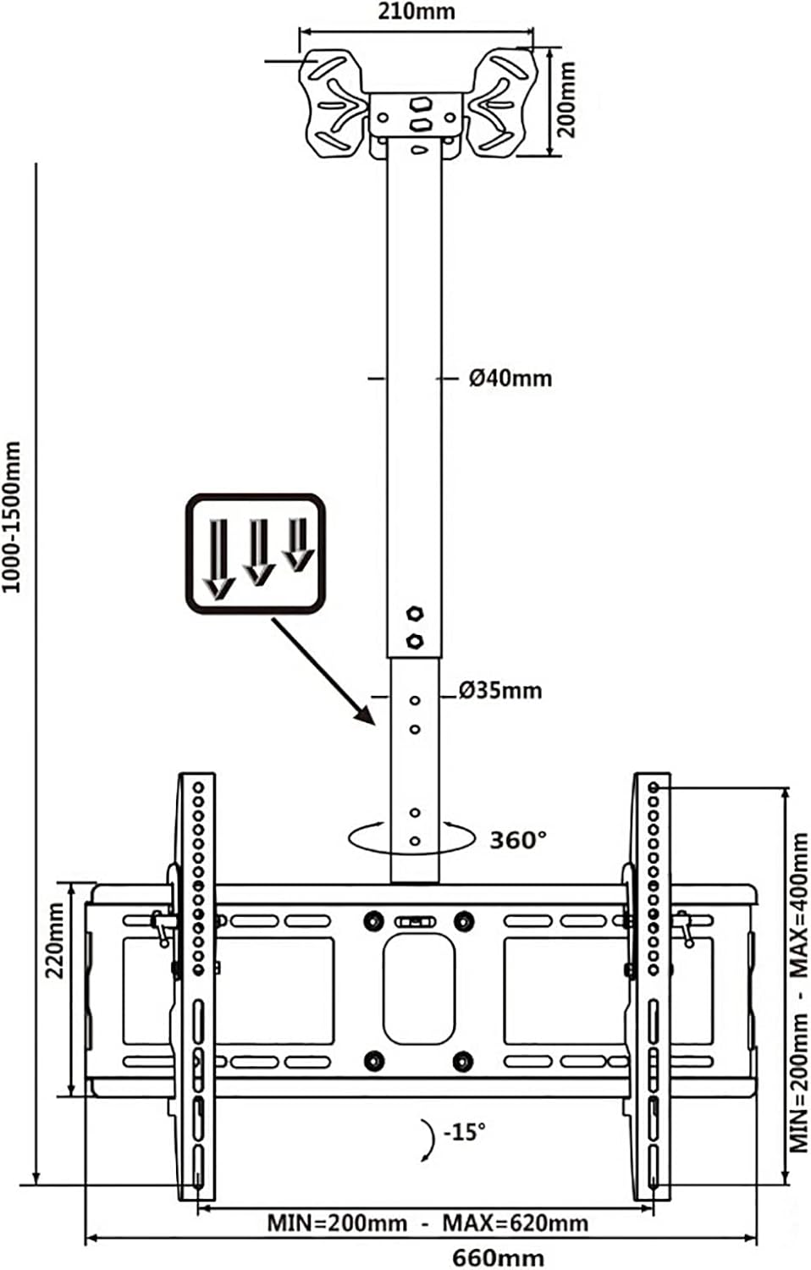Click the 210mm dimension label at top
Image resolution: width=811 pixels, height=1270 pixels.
[x=417, y=11]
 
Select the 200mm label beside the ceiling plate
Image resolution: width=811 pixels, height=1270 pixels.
[x=567, y=99]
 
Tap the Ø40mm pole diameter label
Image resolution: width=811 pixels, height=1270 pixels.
[x=510, y=378]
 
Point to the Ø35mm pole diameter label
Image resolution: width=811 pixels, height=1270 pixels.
[x=499, y=691]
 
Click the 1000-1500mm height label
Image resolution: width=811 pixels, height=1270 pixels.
[x=12, y=516]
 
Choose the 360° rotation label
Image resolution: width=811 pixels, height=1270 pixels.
[x=518, y=840]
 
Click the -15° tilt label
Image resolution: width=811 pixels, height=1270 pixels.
[x=465, y=1131]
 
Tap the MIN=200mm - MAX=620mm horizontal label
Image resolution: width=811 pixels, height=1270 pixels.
[x=428, y=1223]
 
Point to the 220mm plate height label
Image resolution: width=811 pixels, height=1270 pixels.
[x=55, y=940]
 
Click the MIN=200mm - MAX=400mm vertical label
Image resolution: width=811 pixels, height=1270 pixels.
[x=799, y=991]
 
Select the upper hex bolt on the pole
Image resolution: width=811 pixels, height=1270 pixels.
[x=414, y=614]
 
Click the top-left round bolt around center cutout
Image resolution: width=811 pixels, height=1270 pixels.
[x=372, y=920]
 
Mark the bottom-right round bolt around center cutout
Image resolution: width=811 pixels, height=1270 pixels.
[x=463, y=1059]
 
